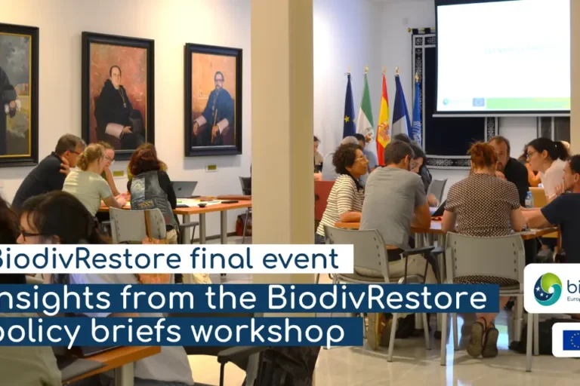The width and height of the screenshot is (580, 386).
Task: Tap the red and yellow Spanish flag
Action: coord(384,121)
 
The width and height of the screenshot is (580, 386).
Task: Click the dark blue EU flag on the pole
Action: coord(349,109)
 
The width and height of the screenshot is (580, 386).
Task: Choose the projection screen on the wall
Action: coord(502,57)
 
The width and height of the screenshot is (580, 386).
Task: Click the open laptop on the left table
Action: coord(184,189)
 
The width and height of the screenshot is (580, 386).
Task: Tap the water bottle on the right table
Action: coord(529,199)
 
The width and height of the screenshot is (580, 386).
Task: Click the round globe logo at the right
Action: coord(548,288)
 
